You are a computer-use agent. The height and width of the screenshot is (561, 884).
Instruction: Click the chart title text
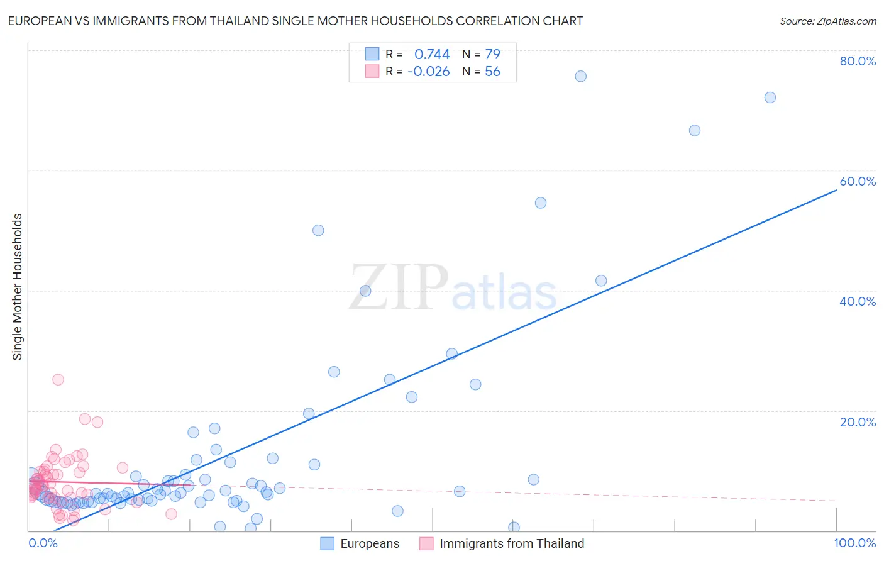click(x=295, y=21)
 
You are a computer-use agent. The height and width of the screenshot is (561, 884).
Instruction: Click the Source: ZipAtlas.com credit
click(x=827, y=21)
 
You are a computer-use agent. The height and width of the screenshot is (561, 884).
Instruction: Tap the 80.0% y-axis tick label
click(x=858, y=61)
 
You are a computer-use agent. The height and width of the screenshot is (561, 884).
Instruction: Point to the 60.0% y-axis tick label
click(x=858, y=181)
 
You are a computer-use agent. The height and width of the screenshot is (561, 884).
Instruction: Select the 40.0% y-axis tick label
click(x=858, y=301)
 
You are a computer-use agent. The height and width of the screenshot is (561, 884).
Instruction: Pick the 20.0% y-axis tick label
click(x=858, y=422)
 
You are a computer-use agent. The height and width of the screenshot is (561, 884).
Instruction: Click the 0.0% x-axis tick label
click(x=43, y=543)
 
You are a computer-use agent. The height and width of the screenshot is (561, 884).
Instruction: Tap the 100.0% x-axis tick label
click(x=854, y=543)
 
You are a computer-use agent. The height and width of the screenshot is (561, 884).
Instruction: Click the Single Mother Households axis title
click(x=18, y=287)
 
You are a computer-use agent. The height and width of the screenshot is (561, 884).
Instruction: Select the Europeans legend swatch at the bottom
click(x=328, y=543)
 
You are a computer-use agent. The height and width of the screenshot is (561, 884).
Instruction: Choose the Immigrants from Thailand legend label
click(x=512, y=543)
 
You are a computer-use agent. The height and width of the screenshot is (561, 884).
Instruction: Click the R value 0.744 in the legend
click(x=432, y=54)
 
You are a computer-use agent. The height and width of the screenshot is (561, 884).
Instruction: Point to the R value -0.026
click(x=429, y=72)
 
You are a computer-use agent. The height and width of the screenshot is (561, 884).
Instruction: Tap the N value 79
click(x=492, y=54)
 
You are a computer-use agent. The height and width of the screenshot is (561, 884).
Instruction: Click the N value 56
click(x=492, y=72)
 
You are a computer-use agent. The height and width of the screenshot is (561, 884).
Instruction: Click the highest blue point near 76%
click(x=580, y=76)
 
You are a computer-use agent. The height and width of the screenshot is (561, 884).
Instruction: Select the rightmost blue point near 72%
click(x=770, y=97)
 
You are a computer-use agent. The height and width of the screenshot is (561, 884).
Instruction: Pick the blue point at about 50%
click(x=318, y=230)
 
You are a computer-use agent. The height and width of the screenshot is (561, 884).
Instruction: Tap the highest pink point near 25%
click(x=58, y=379)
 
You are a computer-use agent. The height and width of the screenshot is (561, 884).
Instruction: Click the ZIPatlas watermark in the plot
click(x=453, y=288)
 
